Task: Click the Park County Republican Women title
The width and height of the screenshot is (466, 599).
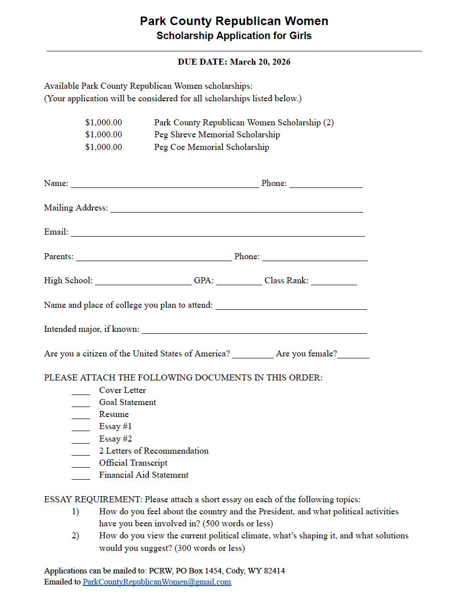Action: click(x=234, y=21)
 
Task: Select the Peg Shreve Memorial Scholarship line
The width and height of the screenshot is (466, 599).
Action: click(x=217, y=134)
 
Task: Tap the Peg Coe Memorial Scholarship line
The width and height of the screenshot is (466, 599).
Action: click(x=211, y=147)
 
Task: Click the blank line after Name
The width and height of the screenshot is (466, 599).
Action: click(x=165, y=185)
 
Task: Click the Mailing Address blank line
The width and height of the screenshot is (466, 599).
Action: click(x=236, y=210)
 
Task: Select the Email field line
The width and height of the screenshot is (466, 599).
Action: click(x=217, y=234)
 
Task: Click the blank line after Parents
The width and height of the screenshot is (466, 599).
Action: click(x=154, y=258)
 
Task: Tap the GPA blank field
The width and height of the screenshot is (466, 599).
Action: click(x=239, y=283)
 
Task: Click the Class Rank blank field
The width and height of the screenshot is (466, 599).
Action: click(x=334, y=283)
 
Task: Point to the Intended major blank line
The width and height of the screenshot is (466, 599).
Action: click(x=255, y=331)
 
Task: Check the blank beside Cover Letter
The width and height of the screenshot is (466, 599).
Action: click(x=81, y=392)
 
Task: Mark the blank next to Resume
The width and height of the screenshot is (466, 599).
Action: click(x=81, y=417)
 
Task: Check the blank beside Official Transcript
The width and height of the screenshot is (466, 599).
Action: click(x=81, y=465)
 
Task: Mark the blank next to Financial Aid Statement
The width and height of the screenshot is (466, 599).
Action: click(x=81, y=477)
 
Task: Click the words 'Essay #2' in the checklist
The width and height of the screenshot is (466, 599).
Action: click(x=116, y=439)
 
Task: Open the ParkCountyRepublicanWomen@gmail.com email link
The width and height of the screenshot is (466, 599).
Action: click(x=157, y=582)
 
